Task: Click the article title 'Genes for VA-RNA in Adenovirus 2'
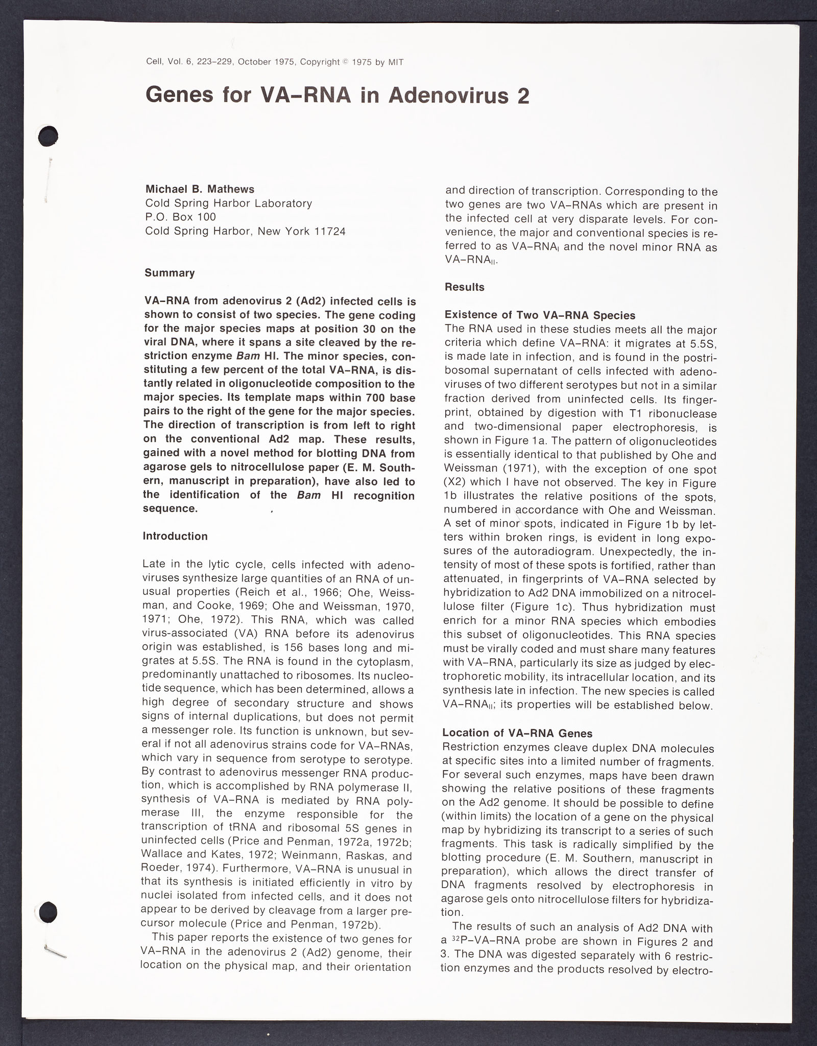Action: pyautogui.click(x=337, y=96)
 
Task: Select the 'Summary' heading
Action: pyautogui.click(x=170, y=273)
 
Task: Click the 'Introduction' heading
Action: pyautogui.click(x=175, y=536)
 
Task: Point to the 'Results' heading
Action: pyautogui.click(x=464, y=287)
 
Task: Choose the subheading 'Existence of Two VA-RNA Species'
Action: pyautogui.click(x=540, y=315)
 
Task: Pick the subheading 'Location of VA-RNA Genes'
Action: pyautogui.click(x=517, y=733)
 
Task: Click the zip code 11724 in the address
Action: pyautogui.click(x=330, y=231)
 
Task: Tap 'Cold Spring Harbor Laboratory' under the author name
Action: pyautogui.click(x=228, y=203)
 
